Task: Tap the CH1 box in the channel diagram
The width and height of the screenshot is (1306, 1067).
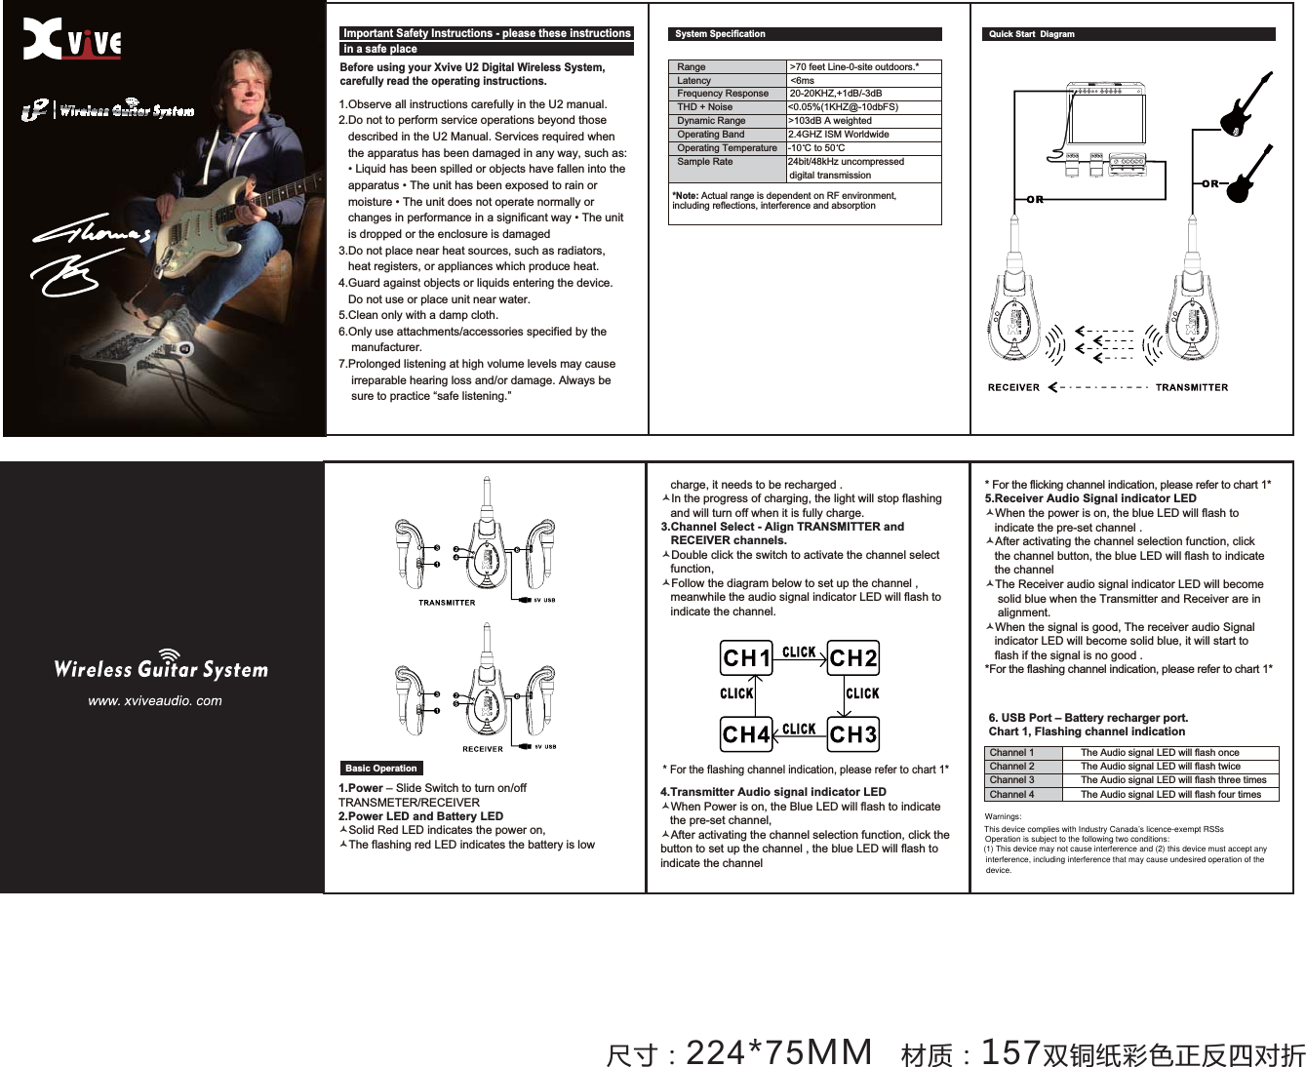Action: point(746,658)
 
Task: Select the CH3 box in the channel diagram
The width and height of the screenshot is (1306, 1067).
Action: point(852,733)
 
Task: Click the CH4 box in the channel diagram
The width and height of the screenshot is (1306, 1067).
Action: point(746,733)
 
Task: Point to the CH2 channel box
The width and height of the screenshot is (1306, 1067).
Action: point(852,658)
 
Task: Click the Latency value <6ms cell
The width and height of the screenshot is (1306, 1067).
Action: point(802,81)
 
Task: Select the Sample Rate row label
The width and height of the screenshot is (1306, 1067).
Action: point(705,162)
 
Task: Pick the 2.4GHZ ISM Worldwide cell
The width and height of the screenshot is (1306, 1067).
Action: point(839,135)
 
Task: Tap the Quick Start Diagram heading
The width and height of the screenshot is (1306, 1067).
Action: point(1031,34)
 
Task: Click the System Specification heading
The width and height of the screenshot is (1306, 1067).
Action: point(720,34)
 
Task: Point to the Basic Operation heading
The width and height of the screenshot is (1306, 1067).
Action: point(381,769)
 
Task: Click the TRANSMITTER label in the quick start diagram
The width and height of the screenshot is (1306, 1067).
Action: point(1191,388)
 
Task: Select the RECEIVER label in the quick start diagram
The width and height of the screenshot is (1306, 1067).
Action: point(1013,388)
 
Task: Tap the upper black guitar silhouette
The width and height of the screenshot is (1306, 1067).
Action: point(1245,102)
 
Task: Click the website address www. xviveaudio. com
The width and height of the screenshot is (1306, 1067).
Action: point(154,700)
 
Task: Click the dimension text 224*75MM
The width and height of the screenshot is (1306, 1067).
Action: point(778,1053)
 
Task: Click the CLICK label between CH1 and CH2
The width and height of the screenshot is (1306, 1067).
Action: point(799,652)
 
